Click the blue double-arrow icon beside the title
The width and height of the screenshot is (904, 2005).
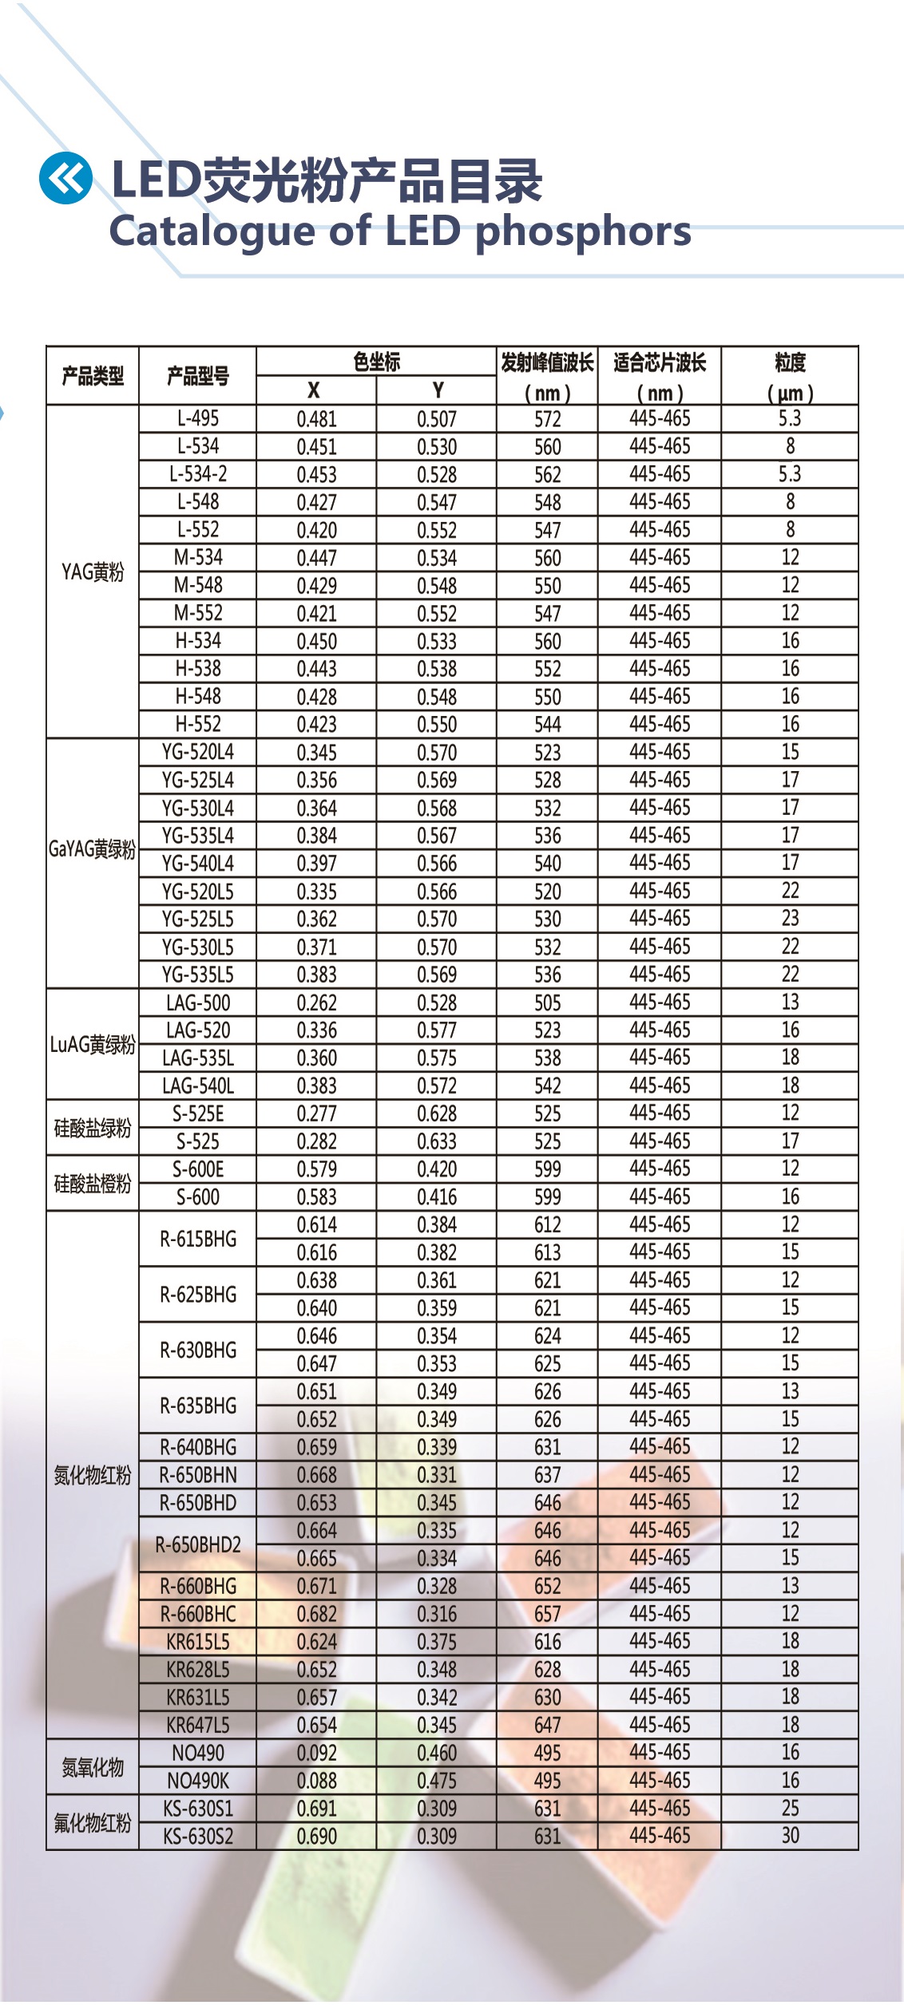[65, 177]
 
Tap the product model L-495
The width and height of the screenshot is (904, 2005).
[197, 419]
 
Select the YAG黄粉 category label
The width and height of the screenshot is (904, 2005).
[93, 571]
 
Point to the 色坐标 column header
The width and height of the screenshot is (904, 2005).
[376, 362]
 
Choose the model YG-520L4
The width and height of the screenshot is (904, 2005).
[197, 753]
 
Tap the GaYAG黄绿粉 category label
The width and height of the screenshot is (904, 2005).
[93, 849]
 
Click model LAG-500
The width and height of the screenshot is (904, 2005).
[197, 1003]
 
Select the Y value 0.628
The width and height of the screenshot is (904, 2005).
[437, 1114]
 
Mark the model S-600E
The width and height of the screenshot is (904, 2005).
[197, 1170]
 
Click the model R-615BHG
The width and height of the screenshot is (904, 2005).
[197, 1239]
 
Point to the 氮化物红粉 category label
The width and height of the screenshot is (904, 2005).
[93, 1475]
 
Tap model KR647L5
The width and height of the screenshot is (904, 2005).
[197, 1726]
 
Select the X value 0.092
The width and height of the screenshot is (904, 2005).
[316, 1754]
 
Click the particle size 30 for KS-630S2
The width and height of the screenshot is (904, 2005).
[790, 1836]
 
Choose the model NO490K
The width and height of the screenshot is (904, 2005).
[197, 1782]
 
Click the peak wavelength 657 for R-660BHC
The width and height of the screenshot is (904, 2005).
[547, 1614]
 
